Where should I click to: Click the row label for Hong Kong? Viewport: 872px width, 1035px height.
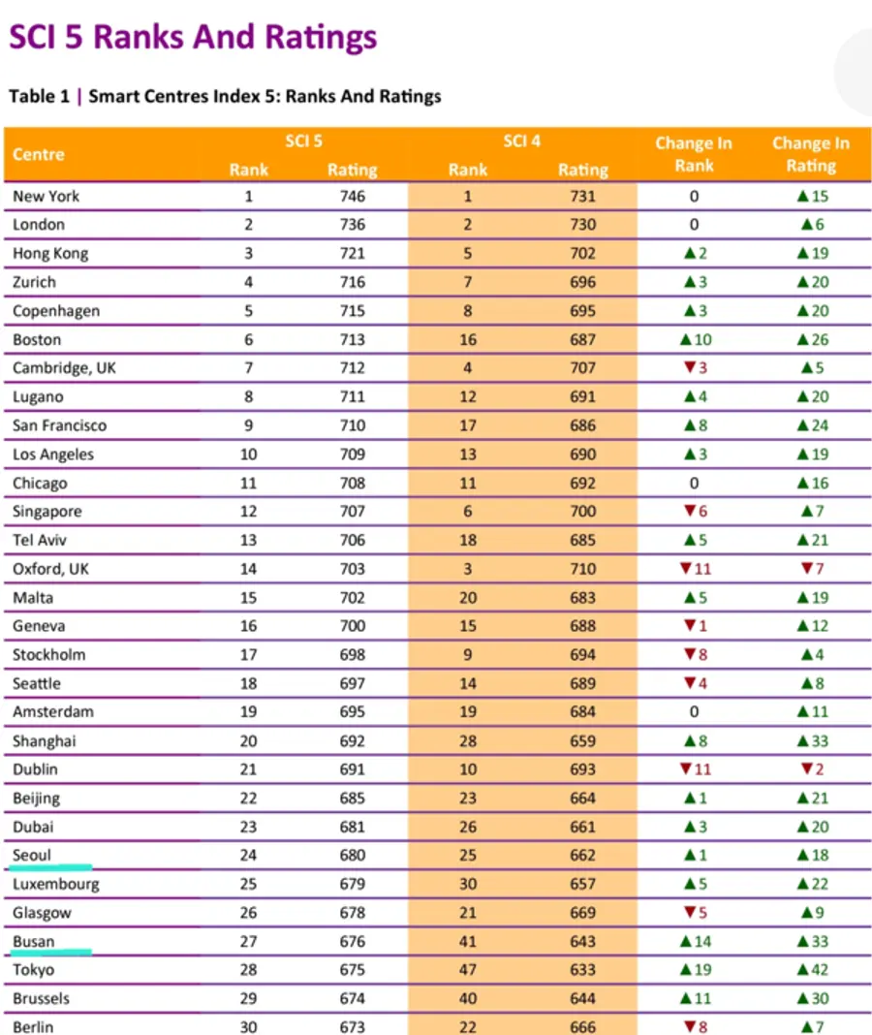[50, 254]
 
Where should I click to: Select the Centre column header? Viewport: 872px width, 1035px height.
[39, 154]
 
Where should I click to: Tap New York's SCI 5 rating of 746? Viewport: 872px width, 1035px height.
[353, 196]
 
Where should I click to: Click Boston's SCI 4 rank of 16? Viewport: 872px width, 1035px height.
[468, 340]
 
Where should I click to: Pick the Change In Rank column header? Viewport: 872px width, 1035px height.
[694, 154]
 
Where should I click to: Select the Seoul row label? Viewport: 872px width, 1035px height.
[32, 856]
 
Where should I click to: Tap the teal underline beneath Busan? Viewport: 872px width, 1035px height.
[50, 952]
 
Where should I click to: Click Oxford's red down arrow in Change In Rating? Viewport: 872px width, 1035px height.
[806, 568]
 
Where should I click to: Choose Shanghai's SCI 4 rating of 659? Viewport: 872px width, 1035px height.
[583, 741]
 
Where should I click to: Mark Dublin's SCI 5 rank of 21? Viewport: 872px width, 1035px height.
[248, 769]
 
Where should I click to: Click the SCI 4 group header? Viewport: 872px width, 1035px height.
[522, 141]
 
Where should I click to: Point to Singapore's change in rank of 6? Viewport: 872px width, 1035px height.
[696, 512]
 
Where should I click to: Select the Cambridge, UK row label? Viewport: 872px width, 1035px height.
[64, 367]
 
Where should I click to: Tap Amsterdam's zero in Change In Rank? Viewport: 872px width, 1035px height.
[694, 712]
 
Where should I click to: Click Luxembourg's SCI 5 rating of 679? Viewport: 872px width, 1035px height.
[353, 884]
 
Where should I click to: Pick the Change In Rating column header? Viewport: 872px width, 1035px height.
[811, 154]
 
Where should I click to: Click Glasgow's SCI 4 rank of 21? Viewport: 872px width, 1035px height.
[468, 913]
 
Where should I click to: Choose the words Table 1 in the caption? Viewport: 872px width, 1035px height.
[39, 96]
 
